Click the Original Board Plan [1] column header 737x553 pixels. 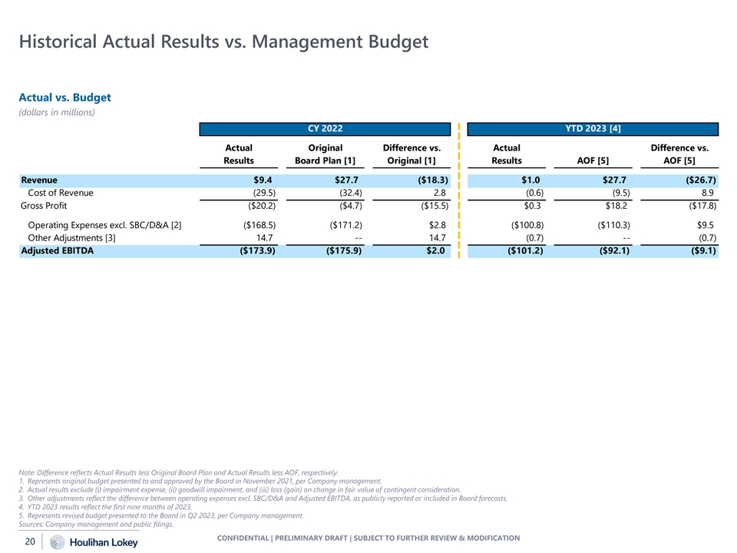click(x=324, y=154)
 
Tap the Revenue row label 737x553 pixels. click(x=38, y=180)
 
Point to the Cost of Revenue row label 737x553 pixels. click(x=61, y=193)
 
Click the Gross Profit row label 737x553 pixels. click(x=45, y=206)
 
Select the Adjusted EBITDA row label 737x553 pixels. click(x=57, y=250)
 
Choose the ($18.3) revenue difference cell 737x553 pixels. click(x=428, y=180)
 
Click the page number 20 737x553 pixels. click(x=30, y=542)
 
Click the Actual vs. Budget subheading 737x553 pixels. click(x=65, y=98)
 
